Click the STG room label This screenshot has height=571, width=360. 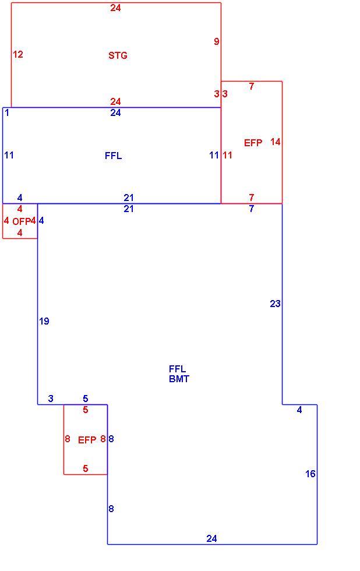click(x=118, y=55)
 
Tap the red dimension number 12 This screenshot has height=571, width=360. click(x=18, y=54)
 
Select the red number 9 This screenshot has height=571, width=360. click(x=217, y=41)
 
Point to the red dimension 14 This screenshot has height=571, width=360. click(x=276, y=142)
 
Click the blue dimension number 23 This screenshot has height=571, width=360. click(x=275, y=304)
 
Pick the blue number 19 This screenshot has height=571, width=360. click(x=44, y=321)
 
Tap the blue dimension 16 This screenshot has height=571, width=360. click(x=310, y=473)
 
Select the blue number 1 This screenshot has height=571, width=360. click(x=7, y=112)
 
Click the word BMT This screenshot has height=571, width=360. click(x=179, y=379)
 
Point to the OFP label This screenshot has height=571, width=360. click(x=21, y=221)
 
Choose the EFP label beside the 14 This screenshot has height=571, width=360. click(x=253, y=143)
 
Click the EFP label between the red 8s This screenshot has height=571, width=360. click(x=87, y=440)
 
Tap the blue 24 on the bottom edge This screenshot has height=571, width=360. click(x=211, y=538)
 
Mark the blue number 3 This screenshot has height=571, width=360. click(x=51, y=399)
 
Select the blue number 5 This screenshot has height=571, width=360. click(x=85, y=399)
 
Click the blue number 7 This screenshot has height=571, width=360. click(x=251, y=209)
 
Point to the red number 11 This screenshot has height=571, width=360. click(x=227, y=155)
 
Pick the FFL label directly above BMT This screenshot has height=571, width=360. click(x=177, y=369)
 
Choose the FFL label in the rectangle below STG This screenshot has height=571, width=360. click(x=113, y=156)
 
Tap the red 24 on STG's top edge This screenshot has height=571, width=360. click(x=115, y=8)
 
